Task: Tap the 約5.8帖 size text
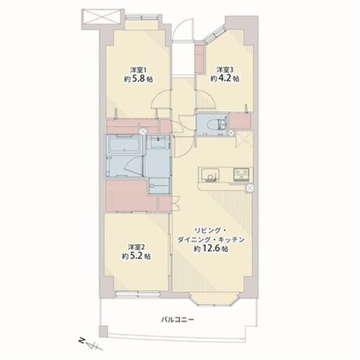(x=138, y=79)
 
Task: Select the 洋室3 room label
(x=225, y=70)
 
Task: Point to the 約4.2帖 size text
(x=225, y=78)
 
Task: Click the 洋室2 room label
(x=136, y=247)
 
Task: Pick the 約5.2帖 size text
(x=136, y=256)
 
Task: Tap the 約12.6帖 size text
(x=211, y=249)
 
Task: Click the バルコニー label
(x=177, y=320)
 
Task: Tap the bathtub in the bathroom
(x=124, y=144)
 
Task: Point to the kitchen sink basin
(x=210, y=174)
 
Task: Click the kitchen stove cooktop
(x=241, y=174)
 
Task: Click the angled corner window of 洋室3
(x=215, y=34)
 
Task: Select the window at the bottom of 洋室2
(x=138, y=294)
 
